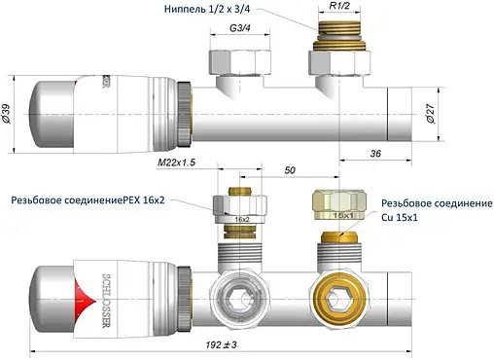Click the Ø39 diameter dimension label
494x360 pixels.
[8, 114]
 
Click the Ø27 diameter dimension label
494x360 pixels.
[432, 114]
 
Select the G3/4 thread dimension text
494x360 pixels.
[240, 28]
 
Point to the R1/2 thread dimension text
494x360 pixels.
[339, 6]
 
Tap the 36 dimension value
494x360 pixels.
[375, 154]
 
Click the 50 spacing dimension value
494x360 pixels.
[290, 170]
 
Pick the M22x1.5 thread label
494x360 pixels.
[176, 162]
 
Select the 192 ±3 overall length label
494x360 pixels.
[221, 344]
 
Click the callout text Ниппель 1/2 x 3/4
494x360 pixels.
[207, 9]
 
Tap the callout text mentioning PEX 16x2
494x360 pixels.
[88, 200]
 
